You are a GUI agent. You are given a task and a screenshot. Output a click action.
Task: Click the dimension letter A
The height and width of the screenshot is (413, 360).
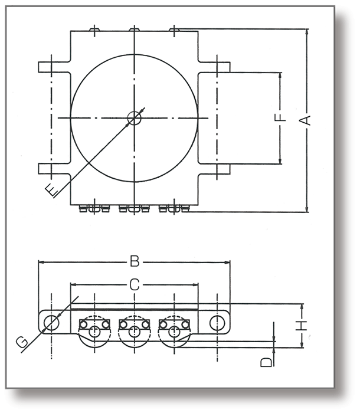click(x=305, y=120)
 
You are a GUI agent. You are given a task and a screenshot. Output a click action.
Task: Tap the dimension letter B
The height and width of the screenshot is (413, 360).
click(x=135, y=262)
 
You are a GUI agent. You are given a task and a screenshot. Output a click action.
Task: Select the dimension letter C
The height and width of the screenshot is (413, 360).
click(x=135, y=285)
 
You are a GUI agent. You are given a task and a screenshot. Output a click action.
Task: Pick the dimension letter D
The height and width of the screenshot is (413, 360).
click(x=266, y=362)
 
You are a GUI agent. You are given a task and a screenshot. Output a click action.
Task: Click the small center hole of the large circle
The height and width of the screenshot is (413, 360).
click(x=134, y=118)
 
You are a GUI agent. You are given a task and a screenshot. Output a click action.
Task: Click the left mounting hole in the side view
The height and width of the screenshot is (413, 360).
click(x=51, y=322)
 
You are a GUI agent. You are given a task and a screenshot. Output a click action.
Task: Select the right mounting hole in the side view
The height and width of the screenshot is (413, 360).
click(x=217, y=322)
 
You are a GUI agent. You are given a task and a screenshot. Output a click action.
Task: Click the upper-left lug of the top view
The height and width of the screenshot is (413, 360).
click(x=54, y=67)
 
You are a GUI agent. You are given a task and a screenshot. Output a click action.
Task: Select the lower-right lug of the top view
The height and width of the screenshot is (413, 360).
click(x=214, y=169)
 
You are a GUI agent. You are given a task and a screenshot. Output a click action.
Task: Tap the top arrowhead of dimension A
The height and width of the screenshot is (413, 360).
click(x=307, y=32)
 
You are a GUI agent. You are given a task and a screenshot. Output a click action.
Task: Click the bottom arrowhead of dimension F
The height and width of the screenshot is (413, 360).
click(x=280, y=161)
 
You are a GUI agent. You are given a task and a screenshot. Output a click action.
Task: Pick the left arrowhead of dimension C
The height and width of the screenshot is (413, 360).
click(x=74, y=285)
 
